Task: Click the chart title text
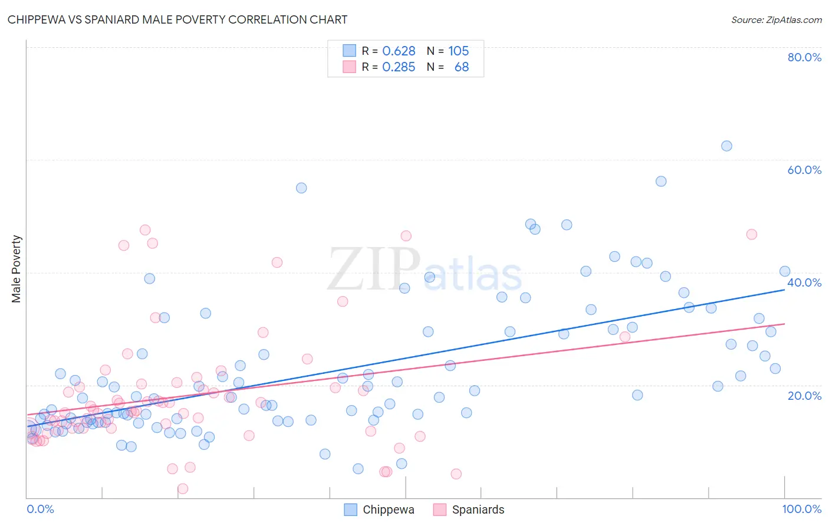177,19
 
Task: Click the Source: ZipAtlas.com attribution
776,19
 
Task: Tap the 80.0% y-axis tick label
804,57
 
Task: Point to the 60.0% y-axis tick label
804,170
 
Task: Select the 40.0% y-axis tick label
804,282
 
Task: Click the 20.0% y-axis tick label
804,395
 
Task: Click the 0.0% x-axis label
40,509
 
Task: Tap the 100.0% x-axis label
801,509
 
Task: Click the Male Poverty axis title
17,269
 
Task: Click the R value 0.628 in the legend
399,51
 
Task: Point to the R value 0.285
399,67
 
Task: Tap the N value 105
458,51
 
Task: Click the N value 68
462,67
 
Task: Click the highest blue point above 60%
726,146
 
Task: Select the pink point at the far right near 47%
751,234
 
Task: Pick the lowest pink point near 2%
183,489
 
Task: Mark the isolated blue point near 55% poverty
301,188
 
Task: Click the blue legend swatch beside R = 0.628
350,51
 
